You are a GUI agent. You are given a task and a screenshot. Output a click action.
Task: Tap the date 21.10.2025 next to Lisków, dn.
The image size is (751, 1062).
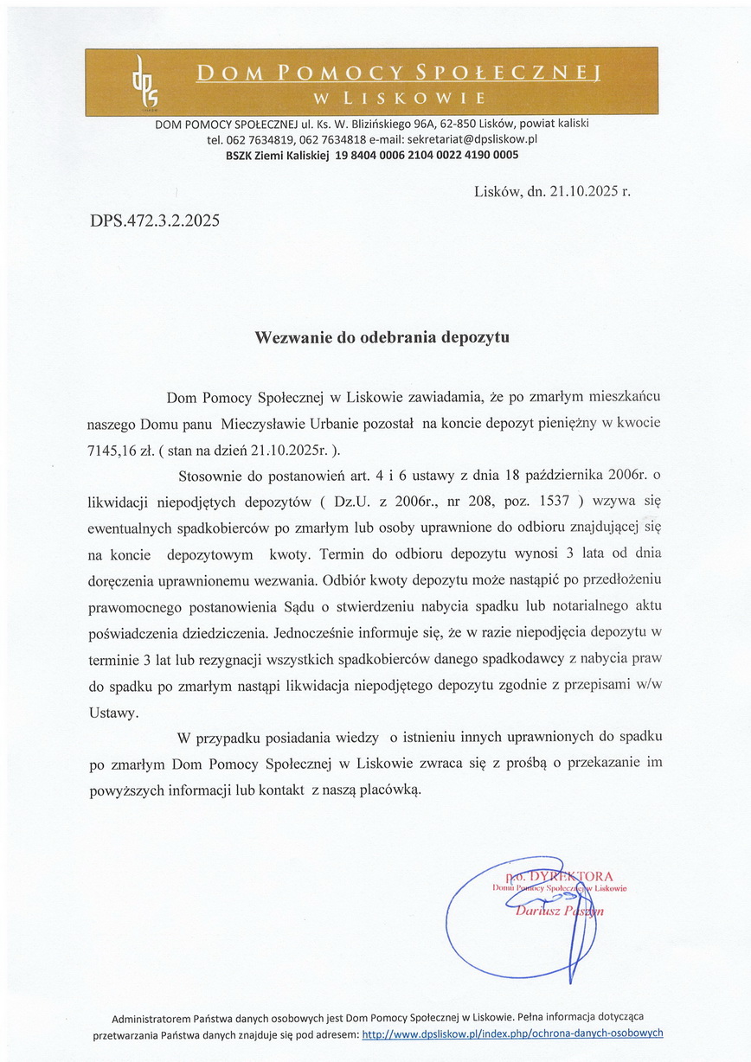[580, 192]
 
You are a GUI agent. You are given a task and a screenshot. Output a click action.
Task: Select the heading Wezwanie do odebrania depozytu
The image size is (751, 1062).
[382, 337]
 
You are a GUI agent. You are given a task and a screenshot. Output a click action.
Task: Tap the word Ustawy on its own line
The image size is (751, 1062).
[112, 713]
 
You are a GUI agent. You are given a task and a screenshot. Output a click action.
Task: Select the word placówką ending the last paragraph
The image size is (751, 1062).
[391, 790]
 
